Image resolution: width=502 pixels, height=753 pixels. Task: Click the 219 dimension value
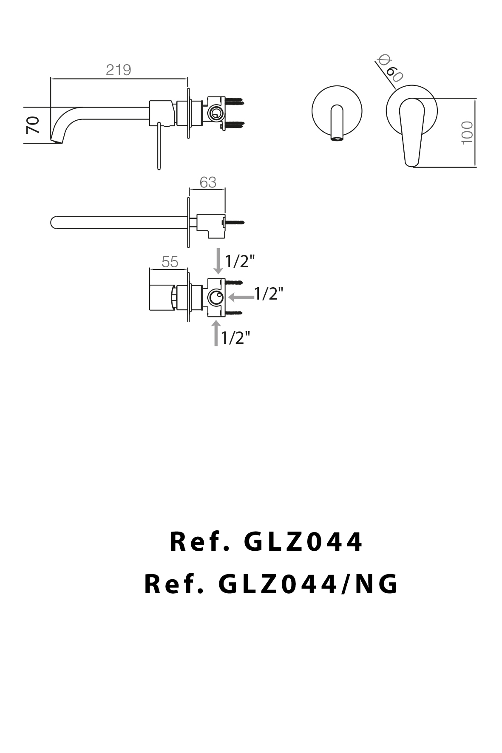[118, 70]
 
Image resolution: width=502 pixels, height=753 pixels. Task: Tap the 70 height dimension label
[33, 125]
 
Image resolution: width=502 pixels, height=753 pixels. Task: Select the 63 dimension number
[208, 182]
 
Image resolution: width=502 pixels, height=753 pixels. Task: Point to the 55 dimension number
[170, 262]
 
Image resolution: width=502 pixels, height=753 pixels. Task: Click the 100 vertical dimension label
[467, 133]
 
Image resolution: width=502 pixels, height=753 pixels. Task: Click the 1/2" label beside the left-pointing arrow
[269, 294]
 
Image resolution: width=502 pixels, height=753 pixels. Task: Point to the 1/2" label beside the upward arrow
[235, 338]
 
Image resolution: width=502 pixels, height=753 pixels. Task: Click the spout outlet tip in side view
[57, 140]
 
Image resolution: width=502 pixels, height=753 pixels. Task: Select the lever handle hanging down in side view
[159, 147]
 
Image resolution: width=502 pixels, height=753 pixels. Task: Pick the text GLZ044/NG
[308, 584]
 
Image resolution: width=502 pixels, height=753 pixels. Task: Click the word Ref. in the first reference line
[200, 542]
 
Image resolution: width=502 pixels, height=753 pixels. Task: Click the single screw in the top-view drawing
[235, 222]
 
